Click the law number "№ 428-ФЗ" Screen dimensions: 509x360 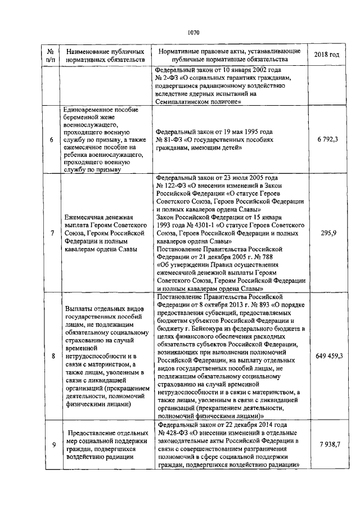click(174, 434)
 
